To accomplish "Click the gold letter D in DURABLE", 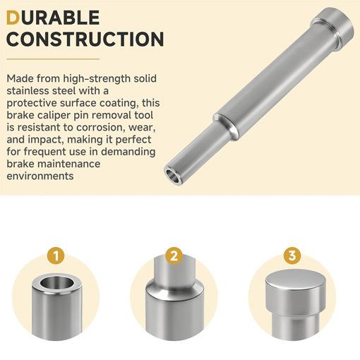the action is pos(13,18).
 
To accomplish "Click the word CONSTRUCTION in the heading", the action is pos(85,39).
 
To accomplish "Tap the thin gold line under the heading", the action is pos(53,59).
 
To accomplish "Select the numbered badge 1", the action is pos(56,256).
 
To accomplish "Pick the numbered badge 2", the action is pos(174,256).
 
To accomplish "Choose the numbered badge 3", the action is pos(292,256).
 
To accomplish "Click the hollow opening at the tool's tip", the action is pos(173,176).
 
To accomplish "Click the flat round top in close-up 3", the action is pos(295,280).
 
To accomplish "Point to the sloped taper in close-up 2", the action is pos(174,288).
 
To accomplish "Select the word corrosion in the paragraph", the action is pos(102,127).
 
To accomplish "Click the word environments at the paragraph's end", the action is pos(40,176).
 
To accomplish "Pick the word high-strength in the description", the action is pos(97,79).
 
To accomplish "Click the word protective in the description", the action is pos(32,104).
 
